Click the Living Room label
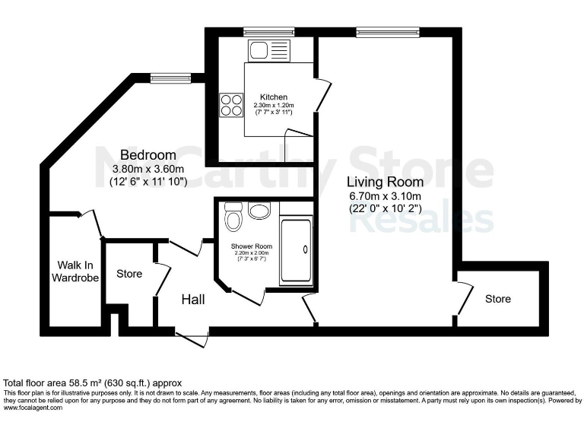[x=386, y=182]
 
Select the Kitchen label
[x=273, y=97]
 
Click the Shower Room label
[x=252, y=246]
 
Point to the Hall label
[x=193, y=300]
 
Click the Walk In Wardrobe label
[x=75, y=271]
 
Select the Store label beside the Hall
[x=129, y=274]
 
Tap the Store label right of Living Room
[x=498, y=299]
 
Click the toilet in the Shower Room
[x=233, y=218]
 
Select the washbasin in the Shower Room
[x=259, y=210]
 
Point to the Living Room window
[x=381, y=32]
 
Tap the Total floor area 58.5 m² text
[x=93, y=382]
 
